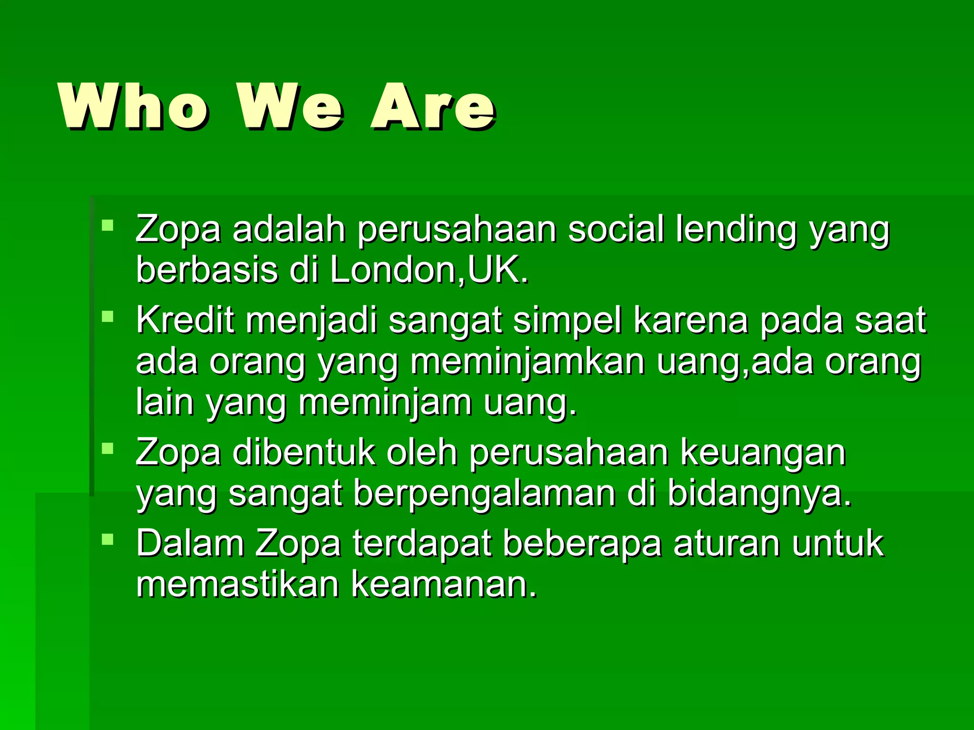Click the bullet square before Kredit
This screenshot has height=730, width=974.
[x=108, y=316]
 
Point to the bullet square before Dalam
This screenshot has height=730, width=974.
[x=108, y=539]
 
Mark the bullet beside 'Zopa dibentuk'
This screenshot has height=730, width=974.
[x=108, y=448]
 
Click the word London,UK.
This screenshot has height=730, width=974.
[x=429, y=270]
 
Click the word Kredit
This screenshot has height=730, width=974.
[x=185, y=320]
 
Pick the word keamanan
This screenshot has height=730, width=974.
[x=444, y=584]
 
